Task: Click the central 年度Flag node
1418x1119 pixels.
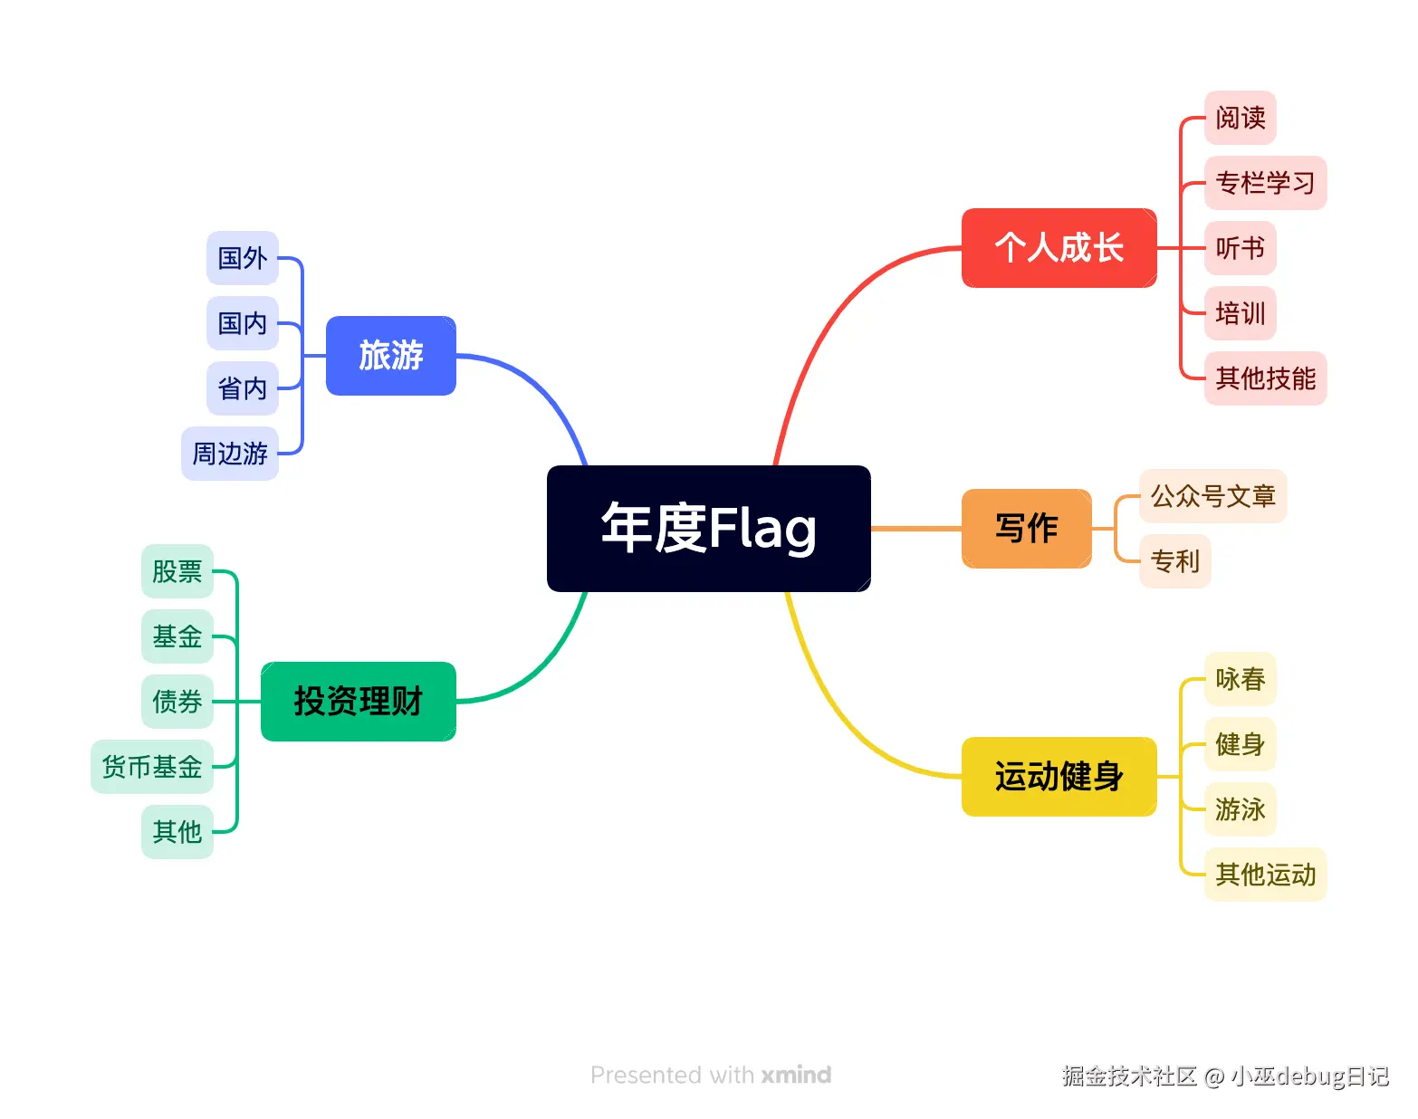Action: click(708, 529)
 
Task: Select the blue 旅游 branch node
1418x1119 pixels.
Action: click(390, 356)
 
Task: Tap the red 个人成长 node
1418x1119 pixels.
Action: click(1059, 248)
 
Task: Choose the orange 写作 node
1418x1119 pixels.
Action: click(1026, 529)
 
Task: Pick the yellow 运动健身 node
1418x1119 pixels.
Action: click(1059, 777)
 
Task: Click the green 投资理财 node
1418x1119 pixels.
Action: click(358, 702)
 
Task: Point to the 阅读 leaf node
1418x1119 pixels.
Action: click(1240, 118)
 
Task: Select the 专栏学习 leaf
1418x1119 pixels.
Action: click(1265, 183)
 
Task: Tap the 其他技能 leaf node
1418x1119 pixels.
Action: click(1265, 378)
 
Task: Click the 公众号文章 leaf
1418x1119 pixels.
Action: click(1212, 496)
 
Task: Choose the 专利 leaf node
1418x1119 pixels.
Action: click(1174, 561)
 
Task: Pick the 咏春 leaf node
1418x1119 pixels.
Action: click(1240, 679)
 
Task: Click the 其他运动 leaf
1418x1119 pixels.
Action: click(1265, 875)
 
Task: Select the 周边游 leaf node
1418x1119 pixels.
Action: click(230, 454)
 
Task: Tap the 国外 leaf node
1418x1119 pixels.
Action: click(242, 258)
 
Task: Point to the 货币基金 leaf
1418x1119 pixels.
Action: click(151, 767)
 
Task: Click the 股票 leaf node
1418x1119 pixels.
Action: click(177, 571)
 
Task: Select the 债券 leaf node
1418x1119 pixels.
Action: click(177, 702)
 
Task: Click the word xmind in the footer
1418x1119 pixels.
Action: click(796, 1076)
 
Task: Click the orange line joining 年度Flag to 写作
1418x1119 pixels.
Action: click(916, 529)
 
